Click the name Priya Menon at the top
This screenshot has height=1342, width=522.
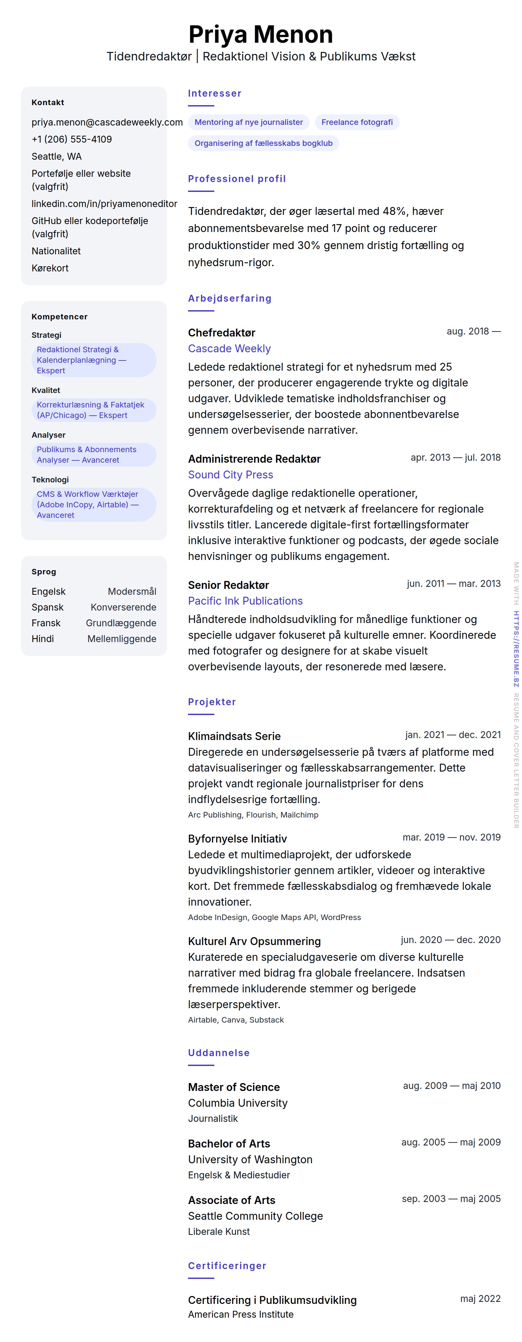(260, 35)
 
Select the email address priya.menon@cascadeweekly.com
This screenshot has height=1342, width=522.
(107, 122)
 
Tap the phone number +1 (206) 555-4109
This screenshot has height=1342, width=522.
(71, 139)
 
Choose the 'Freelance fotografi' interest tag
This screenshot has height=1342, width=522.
(357, 122)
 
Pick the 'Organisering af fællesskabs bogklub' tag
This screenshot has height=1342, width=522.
(263, 143)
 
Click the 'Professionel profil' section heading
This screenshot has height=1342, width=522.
(237, 179)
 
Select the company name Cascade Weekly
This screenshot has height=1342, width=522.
(229, 349)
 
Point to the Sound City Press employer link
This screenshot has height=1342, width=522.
(230, 474)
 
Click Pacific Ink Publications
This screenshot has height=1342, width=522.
(245, 601)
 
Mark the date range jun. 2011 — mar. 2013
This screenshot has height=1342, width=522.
(453, 584)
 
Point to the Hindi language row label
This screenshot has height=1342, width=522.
(43, 639)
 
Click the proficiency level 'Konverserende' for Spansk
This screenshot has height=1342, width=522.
(123, 607)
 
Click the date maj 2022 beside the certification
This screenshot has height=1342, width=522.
(480, 1299)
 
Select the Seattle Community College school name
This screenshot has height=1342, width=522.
(255, 1216)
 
